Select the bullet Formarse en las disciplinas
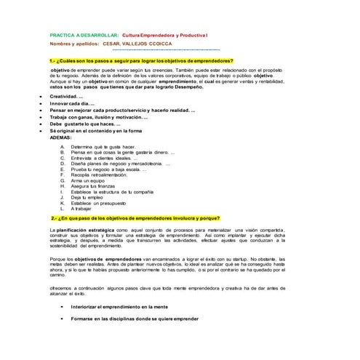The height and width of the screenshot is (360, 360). click(135, 319)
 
